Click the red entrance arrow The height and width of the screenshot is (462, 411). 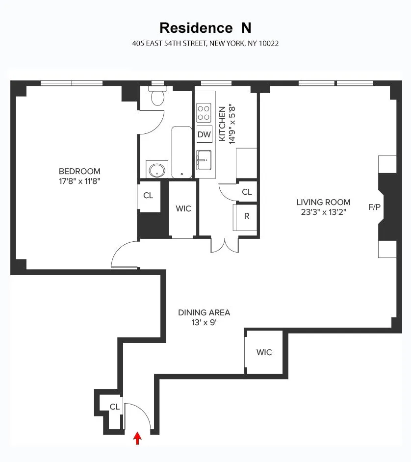[138, 438]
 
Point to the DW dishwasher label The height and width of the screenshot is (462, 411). [204, 134]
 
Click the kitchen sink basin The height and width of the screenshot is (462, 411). [204, 159]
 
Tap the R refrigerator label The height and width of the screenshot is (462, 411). [247, 216]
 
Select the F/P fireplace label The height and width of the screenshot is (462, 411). [374, 207]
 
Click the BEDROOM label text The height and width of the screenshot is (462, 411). [79, 171]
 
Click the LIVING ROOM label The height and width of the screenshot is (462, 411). [323, 202]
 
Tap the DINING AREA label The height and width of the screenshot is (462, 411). [204, 312]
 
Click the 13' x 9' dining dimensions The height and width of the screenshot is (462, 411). [204, 323]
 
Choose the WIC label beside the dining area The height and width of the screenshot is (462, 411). [264, 352]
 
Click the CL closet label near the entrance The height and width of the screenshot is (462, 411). [114, 407]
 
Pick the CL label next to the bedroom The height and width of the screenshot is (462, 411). [148, 195]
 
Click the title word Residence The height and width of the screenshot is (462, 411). [193, 27]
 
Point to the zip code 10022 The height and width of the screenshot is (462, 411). [269, 43]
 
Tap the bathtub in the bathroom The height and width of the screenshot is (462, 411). [181, 152]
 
